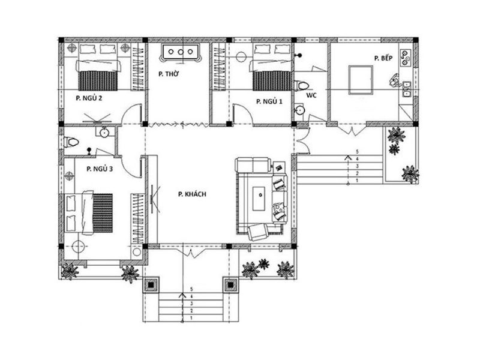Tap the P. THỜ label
[170, 74]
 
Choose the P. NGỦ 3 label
[100, 169]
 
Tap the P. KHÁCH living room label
[193, 194]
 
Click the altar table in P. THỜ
[180, 54]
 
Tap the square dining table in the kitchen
[360, 80]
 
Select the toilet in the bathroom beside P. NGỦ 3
[72, 143]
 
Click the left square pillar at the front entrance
[150, 284]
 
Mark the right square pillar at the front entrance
[230, 284]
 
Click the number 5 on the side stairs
[358, 152]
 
